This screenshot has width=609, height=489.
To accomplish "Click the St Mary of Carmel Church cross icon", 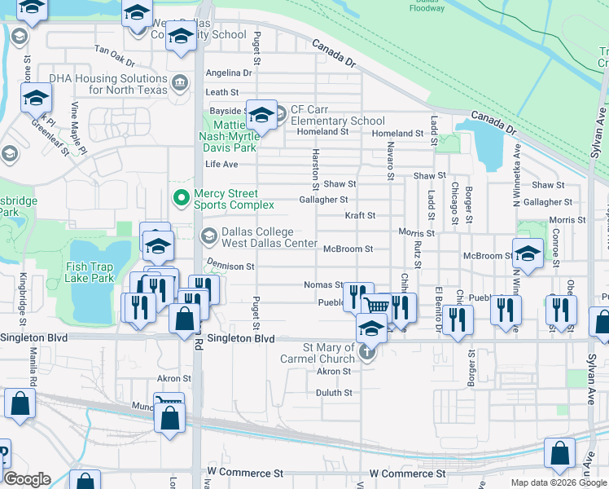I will tap(367, 353).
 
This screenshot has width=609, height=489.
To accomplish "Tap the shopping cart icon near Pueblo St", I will tap(376, 305).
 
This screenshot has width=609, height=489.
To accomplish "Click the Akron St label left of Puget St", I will tap(173, 378).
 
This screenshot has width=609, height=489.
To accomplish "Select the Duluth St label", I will tap(335, 392).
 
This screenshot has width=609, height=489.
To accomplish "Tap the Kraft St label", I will tap(359, 216).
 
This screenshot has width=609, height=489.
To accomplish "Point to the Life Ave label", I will tap(221, 164).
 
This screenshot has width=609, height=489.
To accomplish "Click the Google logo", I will tap(27, 479).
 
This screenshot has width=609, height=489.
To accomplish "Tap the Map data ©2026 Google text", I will tap(558, 482).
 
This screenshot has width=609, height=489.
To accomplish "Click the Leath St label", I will tap(221, 93).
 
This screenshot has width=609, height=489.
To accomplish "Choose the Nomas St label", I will tap(323, 285).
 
